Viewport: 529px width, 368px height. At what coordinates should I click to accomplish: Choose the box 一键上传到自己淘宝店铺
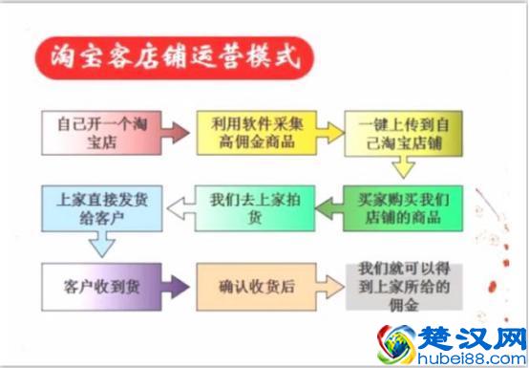(403, 134)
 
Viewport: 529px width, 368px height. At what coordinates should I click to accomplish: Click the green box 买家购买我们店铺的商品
(403, 208)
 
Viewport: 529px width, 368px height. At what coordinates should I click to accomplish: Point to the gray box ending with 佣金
(403, 286)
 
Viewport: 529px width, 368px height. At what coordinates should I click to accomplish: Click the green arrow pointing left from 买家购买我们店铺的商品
(326, 208)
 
